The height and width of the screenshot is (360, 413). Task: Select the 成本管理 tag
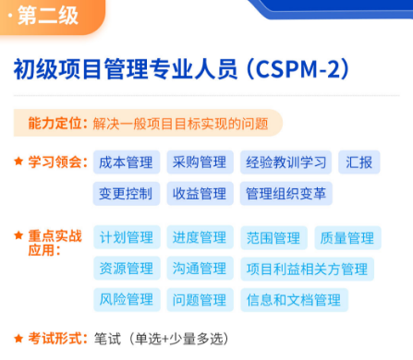(x=126, y=163)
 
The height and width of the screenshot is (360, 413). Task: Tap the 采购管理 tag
(x=199, y=163)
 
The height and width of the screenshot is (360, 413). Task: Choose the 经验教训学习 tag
(x=286, y=163)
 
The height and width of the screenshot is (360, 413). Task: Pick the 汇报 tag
(x=358, y=163)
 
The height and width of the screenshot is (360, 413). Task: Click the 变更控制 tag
(x=126, y=194)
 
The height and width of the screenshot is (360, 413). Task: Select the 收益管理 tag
(x=199, y=194)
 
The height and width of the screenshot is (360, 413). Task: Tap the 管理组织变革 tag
(x=285, y=194)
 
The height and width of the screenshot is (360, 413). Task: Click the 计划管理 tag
(x=126, y=238)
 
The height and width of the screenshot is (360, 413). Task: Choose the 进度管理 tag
(x=199, y=238)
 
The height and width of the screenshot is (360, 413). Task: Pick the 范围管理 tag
(x=273, y=238)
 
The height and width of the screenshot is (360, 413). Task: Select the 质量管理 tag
(x=346, y=238)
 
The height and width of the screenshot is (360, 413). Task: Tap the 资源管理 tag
(x=126, y=269)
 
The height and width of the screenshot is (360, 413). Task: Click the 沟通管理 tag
(x=199, y=269)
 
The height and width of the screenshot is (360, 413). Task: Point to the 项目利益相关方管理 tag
(x=307, y=269)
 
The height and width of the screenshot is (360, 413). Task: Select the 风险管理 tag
(x=126, y=299)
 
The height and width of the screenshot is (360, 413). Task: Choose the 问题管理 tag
(x=199, y=299)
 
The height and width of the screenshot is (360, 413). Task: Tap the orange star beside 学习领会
(x=18, y=162)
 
